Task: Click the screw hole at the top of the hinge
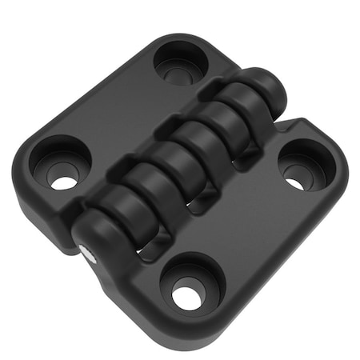pyautogui.click(x=180, y=62)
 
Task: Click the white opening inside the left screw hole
pyautogui.click(x=64, y=182)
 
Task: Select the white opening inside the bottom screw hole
pyautogui.click(x=186, y=298)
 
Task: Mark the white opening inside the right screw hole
pyautogui.click(x=295, y=183)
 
